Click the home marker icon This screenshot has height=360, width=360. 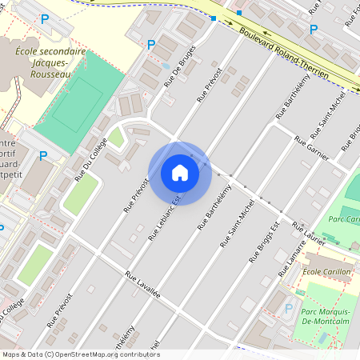180,173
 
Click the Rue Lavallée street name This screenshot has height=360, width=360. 142,284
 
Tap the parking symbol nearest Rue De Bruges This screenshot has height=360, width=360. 151,45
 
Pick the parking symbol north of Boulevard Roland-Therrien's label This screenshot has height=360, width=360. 314,30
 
